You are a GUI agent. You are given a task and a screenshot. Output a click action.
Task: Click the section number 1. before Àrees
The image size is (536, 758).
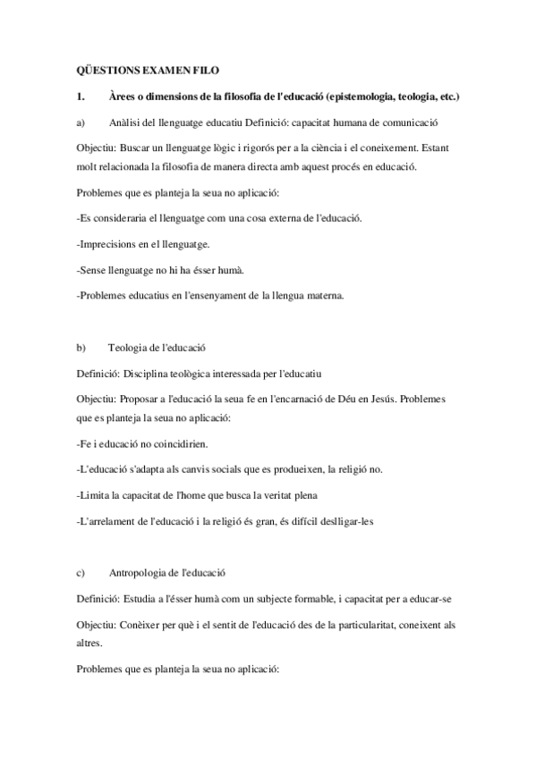point(81,96)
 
